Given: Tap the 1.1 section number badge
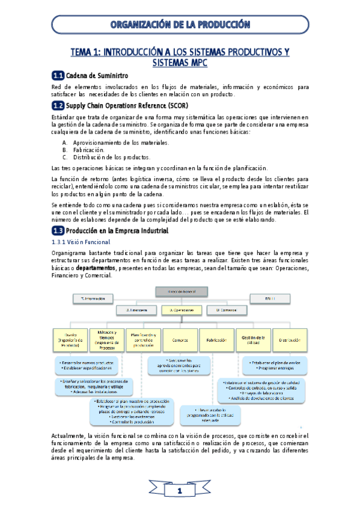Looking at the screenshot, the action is point(58,75).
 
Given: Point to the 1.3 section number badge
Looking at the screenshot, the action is point(58,230).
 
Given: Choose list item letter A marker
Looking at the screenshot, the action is point(65,143).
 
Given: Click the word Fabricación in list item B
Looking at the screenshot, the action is point(89,150).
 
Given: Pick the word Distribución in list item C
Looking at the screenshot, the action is point(93,157).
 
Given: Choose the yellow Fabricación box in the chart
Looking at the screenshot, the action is point(216,340).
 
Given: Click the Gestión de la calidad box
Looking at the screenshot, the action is point(252,340).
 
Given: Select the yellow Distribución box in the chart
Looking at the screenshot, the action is point(289,340).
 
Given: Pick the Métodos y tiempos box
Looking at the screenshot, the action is point(106,340).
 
